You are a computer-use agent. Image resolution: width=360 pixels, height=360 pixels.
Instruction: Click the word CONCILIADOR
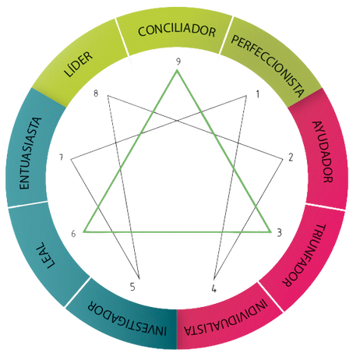(x=177, y=30)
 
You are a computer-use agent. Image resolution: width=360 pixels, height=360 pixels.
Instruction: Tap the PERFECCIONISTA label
(x=267, y=66)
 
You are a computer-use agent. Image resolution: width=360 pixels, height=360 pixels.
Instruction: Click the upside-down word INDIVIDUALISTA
(x=225, y=317)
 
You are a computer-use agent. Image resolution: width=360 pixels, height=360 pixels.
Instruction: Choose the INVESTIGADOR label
(x=127, y=318)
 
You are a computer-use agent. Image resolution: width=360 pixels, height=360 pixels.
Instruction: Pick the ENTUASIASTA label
(x=30, y=154)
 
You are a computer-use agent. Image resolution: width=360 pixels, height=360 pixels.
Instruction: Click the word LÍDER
(x=79, y=65)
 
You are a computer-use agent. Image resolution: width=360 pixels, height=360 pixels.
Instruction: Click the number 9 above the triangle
(x=178, y=62)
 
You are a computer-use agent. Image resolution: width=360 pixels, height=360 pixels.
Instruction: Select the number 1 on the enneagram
(x=258, y=94)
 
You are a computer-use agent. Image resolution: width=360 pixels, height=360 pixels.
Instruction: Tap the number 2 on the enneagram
(x=291, y=157)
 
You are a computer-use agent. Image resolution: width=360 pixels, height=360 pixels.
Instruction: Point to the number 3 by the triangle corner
(x=279, y=233)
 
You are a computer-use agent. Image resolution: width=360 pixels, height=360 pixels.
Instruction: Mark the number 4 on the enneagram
(x=214, y=288)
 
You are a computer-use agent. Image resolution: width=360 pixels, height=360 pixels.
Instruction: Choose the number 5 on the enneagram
(x=132, y=287)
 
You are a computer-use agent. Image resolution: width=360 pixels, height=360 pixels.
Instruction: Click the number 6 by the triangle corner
(x=73, y=234)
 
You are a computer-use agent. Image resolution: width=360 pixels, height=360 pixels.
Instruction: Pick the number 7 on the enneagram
(x=62, y=157)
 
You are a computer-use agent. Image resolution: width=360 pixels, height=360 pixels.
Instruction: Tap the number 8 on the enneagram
(x=96, y=94)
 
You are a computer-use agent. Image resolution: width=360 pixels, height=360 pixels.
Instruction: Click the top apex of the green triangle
(x=177, y=70)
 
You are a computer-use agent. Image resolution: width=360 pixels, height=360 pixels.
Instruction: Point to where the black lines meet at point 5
(x=139, y=279)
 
